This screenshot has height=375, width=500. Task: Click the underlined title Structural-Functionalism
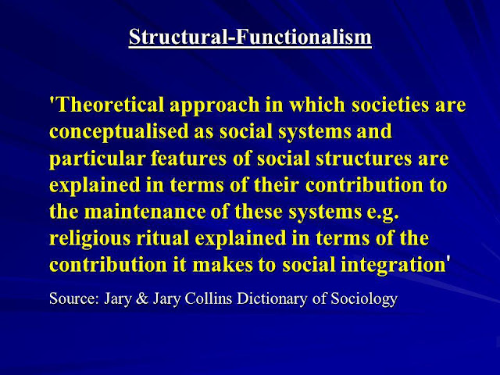click(250, 37)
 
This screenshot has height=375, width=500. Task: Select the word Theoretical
click(110, 104)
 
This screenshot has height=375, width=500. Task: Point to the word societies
click(391, 104)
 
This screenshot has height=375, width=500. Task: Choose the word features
click(188, 158)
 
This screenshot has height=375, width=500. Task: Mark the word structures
click(363, 158)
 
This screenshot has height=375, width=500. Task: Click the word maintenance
click(145, 212)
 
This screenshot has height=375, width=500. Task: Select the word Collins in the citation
click(209, 298)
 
